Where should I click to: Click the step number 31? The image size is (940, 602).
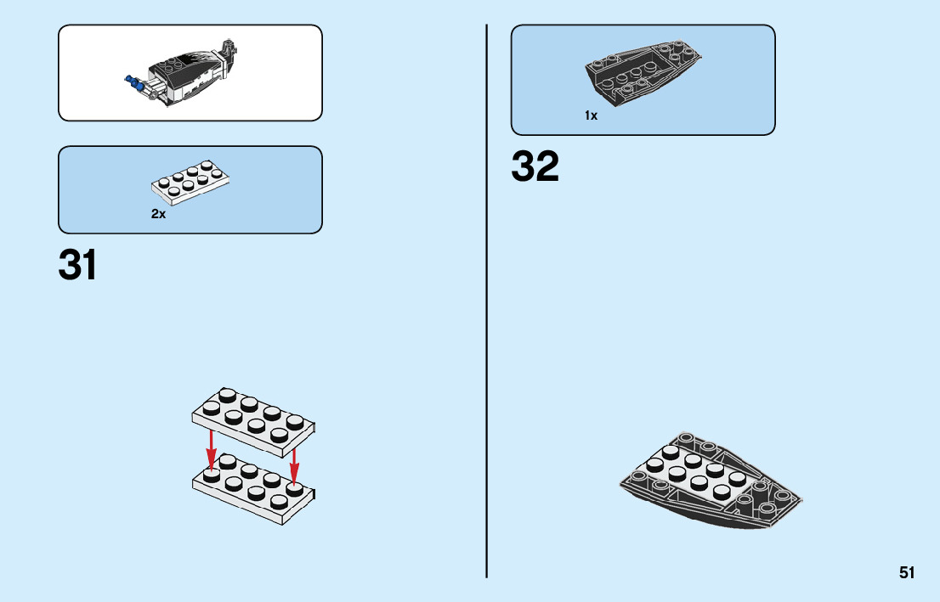point(77,264)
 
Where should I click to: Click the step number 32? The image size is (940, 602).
point(535,166)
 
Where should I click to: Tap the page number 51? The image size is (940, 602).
point(907,573)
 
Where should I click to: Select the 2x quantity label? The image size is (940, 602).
point(158,215)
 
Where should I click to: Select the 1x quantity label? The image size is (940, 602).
point(591,115)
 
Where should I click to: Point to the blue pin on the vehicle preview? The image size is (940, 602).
point(132,82)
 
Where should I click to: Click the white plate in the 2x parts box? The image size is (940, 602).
point(192,182)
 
